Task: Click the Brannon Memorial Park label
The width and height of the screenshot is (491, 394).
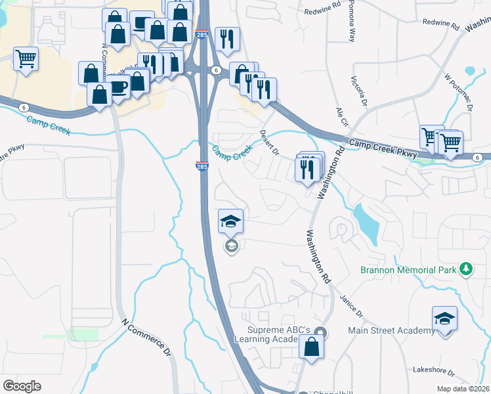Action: (408, 270)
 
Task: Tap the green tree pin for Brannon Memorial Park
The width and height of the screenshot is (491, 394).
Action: (466, 269)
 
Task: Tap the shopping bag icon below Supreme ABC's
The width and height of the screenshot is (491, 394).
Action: (311, 347)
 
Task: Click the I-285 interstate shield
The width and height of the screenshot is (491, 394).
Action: (202, 167)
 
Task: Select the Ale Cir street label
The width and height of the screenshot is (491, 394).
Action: (340, 118)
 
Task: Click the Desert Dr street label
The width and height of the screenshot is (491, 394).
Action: (270, 142)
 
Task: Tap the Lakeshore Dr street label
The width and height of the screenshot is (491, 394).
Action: (433, 370)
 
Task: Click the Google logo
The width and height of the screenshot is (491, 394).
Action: (22, 386)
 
